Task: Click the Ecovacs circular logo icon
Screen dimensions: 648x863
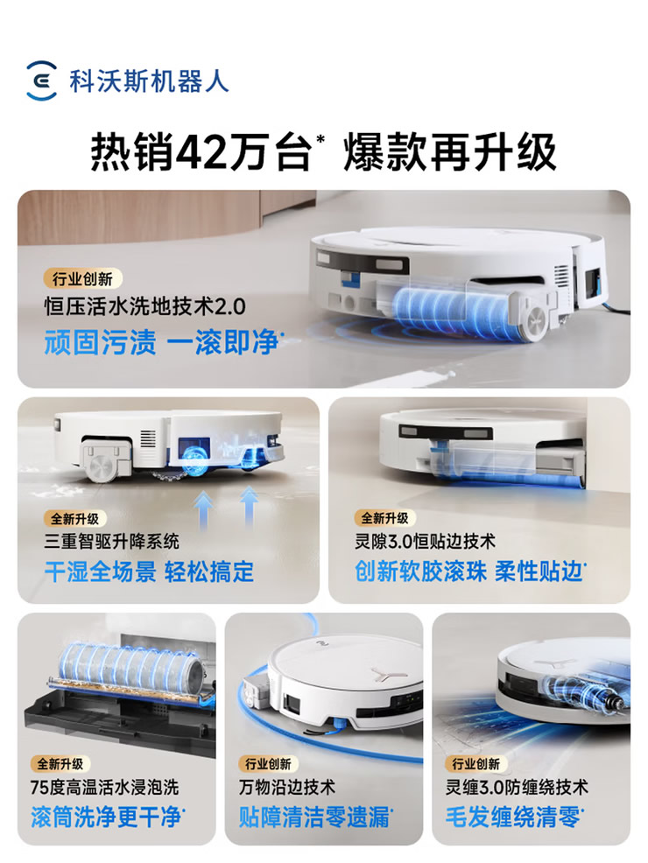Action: (x=41, y=81)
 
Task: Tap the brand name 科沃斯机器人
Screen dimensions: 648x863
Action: (x=149, y=81)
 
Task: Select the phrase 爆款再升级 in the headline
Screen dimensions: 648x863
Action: (x=449, y=152)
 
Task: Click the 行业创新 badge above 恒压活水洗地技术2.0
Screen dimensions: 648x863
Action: (x=82, y=278)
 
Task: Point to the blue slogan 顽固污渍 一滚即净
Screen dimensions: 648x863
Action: (x=162, y=342)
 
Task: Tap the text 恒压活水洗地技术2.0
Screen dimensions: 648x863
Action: (x=144, y=306)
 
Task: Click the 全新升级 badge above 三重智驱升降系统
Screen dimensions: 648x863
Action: (x=75, y=518)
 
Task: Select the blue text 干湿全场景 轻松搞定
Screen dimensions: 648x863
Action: (x=149, y=572)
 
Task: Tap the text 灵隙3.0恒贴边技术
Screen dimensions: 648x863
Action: (x=425, y=541)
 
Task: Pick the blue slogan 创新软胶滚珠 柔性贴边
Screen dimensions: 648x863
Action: (x=469, y=572)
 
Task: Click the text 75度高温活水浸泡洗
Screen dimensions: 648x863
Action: (x=104, y=787)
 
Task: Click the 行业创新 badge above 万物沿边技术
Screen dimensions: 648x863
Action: (x=268, y=763)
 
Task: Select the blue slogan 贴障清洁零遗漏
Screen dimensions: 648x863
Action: (x=315, y=817)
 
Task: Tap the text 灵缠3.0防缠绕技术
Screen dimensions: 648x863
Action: (x=517, y=787)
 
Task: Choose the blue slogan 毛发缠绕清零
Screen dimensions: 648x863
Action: (x=514, y=817)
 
